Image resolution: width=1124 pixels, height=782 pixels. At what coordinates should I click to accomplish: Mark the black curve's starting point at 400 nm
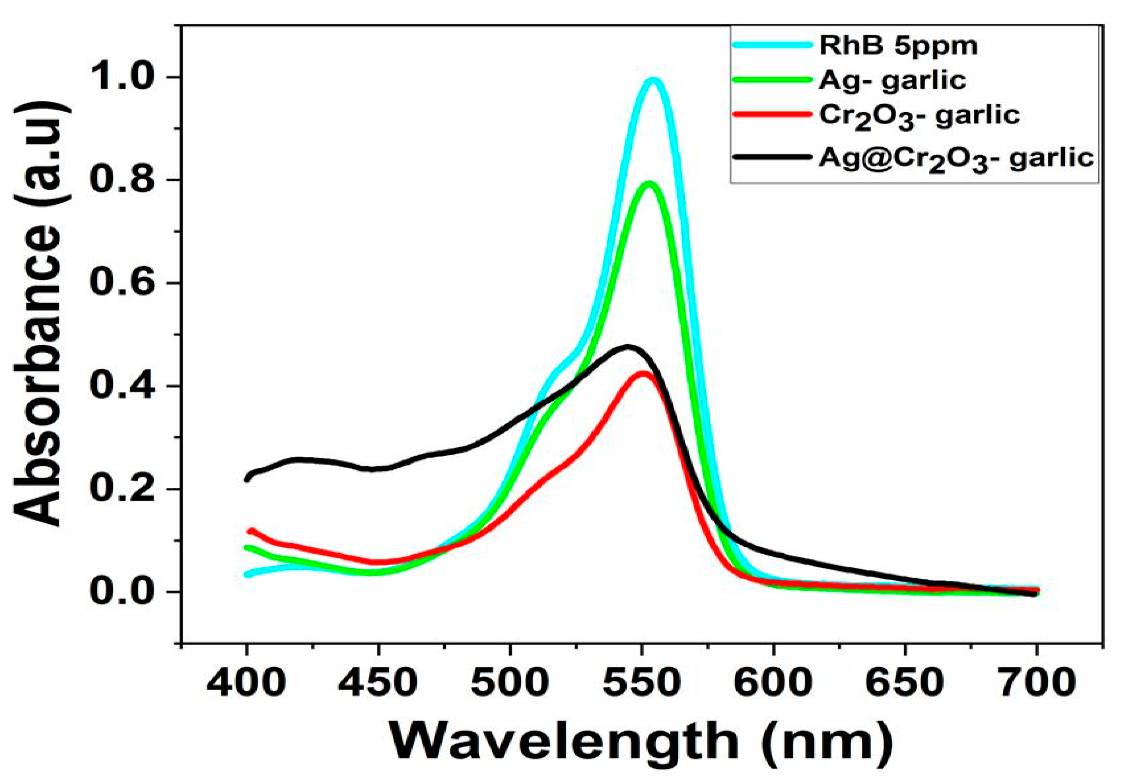point(248,479)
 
